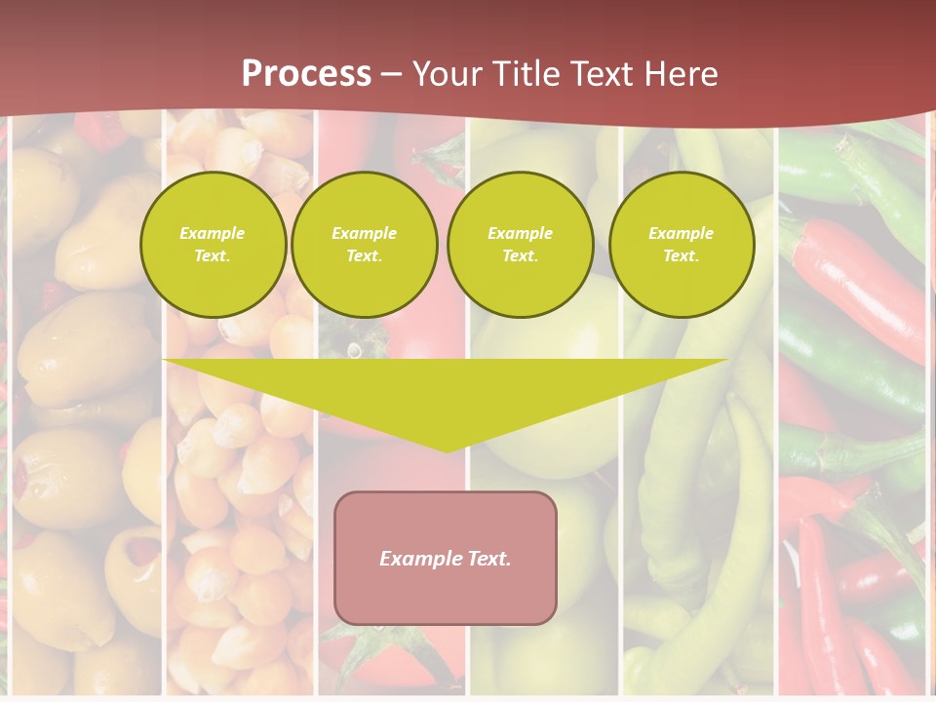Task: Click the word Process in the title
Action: (x=306, y=74)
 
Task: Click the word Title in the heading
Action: (x=524, y=74)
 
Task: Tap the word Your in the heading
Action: (x=449, y=74)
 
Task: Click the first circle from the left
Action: (x=213, y=245)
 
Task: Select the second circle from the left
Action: (x=364, y=245)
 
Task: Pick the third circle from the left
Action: (x=520, y=245)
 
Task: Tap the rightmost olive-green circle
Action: (x=681, y=245)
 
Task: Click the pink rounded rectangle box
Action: (x=446, y=558)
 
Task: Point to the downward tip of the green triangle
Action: (x=447, y=451)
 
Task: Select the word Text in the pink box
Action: (x=488, y=559)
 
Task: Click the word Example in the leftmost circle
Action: (x=213, y=233)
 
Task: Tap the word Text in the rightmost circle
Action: (x=680, y=256)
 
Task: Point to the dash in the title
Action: (x=392, y=75)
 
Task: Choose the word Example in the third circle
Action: (x=520, y=233)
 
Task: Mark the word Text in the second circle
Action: (x=363, y=256)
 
